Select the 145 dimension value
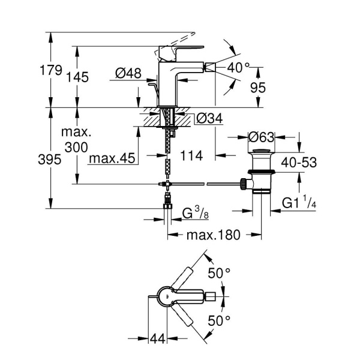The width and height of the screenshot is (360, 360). (x=78, y=77)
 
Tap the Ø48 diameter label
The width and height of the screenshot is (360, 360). (x=127, y=73)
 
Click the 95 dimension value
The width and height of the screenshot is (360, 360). (x=257, y=88)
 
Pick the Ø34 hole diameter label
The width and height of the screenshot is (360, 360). (x=209, y=119)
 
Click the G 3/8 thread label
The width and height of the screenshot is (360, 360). (x=196, y=213)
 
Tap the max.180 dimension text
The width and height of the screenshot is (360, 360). (x=212, y=235)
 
